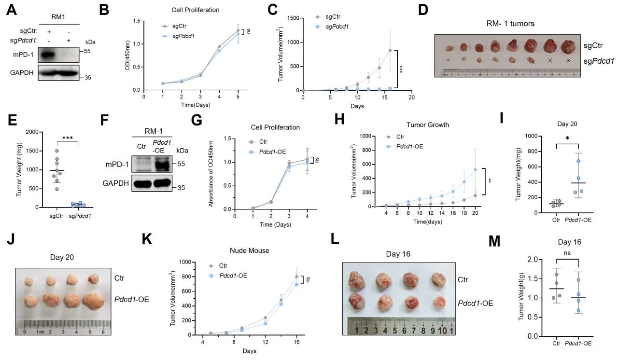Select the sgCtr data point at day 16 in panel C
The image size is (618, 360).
click(x=390, y=50)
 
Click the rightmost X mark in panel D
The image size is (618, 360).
click(x=568, y=61)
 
